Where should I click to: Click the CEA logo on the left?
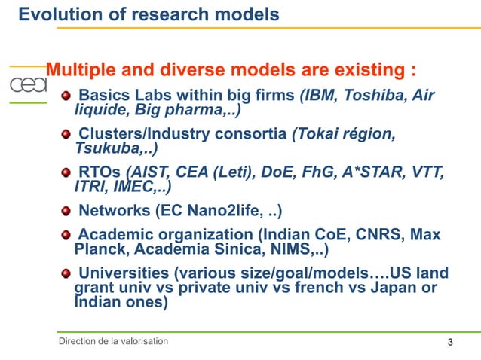[27, 85]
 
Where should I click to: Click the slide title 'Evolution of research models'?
[149, 14]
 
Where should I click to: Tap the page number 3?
[450, 343]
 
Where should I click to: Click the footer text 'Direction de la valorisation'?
[114, 342]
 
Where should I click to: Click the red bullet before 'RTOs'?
[66, 172]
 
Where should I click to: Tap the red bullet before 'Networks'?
[66, 210]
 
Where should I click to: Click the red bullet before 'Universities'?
[66, 273]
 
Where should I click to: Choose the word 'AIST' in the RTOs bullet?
[149, 172]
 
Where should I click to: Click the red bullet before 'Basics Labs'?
[66, 97]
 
